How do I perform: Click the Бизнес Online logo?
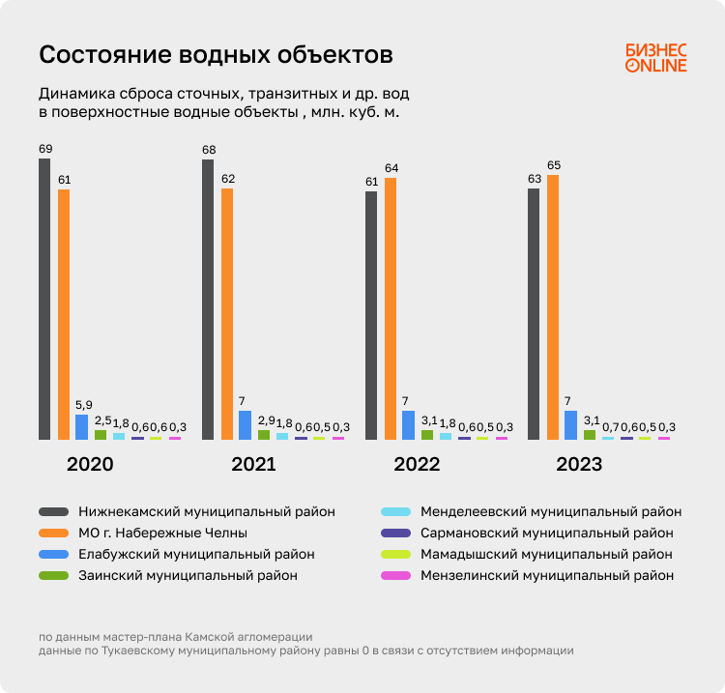tap(655, 58)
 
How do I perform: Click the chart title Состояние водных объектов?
tap(216, 55)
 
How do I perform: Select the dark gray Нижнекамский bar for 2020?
tap(44, 300)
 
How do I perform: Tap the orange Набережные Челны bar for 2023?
tap(553, 307)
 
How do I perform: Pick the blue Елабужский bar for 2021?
tap(246, 425)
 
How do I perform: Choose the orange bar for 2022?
tap(391, 309)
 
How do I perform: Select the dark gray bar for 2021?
tap(208, 300)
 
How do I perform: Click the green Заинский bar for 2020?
tap(101, 435)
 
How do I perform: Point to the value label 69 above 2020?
tap(44, 149)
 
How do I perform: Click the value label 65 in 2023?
tap(553, 165)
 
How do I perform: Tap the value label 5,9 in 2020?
tap(83, 405)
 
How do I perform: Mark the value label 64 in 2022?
tap(391, 168)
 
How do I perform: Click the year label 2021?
tap(253, 465)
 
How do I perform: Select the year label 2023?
tap(579, 465)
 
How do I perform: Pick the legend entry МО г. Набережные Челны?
tap(163, 533)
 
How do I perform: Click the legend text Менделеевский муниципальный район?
tap(551, 511)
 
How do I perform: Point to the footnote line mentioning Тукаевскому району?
tap(305, 650)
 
